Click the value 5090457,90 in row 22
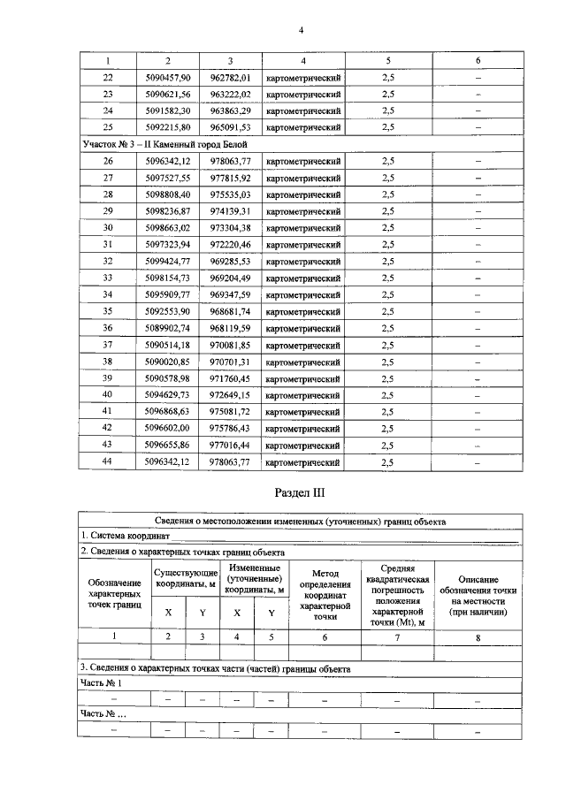tap(168, 78)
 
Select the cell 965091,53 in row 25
tap(231, 126)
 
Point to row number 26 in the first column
tap(109, 161)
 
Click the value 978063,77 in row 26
tap(231, 161)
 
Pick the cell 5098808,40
tap(168, 194)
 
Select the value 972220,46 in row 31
tap(231, 244)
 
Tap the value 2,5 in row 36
tap(387, 328)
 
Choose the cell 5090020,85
tap(168, 362)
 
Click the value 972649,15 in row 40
tap(231, 395)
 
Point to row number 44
tap(109, 461)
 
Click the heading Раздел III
tap(301, 493)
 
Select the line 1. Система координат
tap(124, 537)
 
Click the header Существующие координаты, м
tap(186, 576)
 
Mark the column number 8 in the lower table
tap(477, 636)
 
